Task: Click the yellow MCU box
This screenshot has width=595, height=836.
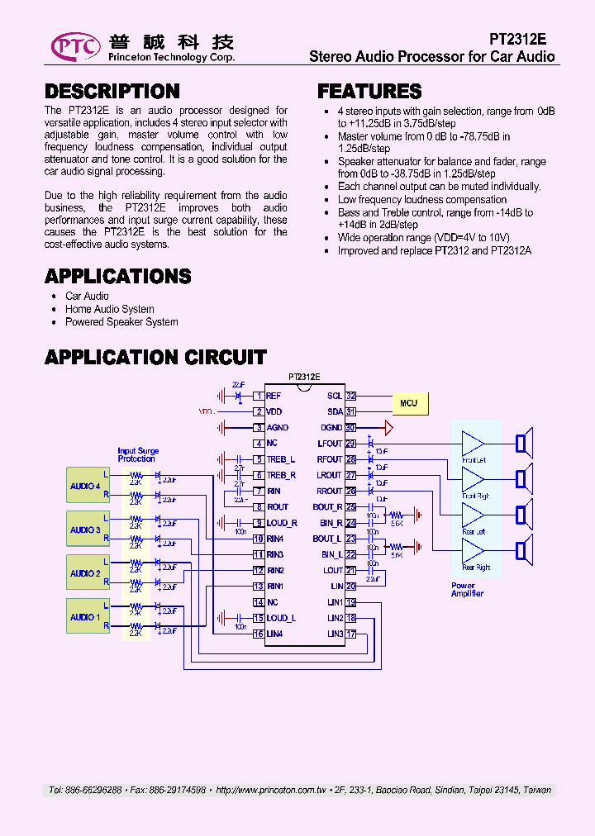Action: click(x=408, y=403)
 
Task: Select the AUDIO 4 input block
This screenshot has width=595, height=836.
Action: click(x=87, y=486)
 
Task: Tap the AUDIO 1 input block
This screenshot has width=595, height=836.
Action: click(x=87, y=616)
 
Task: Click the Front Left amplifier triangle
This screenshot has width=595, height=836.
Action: click(x=474, y=444)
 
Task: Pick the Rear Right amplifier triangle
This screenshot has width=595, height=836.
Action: click(x=474, y=551)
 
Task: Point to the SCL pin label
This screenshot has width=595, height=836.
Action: click(x=334, y=396)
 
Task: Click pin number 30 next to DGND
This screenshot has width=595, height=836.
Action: click(x=350, y=428)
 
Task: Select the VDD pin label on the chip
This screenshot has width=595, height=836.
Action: click(x=274, y=411)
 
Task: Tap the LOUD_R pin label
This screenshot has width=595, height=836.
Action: click(x=281, y=523)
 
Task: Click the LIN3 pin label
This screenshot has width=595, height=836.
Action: click(x=335, y=634)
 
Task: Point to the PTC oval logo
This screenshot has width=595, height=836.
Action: click(x=75, y=46)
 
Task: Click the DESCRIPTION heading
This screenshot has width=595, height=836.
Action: click(x=112, y=92)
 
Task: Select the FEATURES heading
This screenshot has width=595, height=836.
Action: click(x=369, y=92)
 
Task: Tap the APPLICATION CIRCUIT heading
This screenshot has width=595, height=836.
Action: click(x=155, y=358)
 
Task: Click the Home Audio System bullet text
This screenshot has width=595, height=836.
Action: click(x=109, y=309)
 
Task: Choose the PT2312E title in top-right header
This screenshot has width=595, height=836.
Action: click(x=517, y=39)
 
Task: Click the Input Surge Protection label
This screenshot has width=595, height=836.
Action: click(x=137, y=455)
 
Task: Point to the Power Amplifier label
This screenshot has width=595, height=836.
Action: click(x=467, y=590)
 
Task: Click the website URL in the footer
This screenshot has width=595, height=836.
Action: click(x=269, y=791)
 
